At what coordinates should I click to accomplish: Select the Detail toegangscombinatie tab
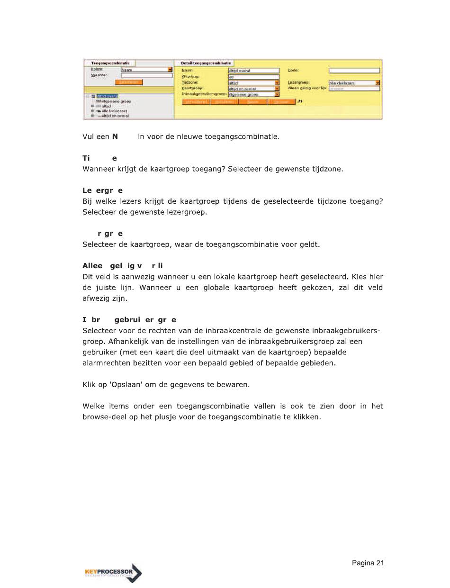[206, 63]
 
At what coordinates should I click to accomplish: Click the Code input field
[354, 71]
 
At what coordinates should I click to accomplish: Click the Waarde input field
[146, 75]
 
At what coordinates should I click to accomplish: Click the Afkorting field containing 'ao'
[253, 76]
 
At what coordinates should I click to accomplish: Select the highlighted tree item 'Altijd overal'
[107, 96]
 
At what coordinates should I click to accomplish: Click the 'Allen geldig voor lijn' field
[354, 88]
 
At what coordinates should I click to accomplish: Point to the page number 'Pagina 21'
[368, 563]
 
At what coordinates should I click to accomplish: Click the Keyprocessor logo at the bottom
[112, 573]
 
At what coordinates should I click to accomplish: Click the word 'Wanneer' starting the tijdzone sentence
[98, 169]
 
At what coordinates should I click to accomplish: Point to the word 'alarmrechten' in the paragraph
[103, 363]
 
